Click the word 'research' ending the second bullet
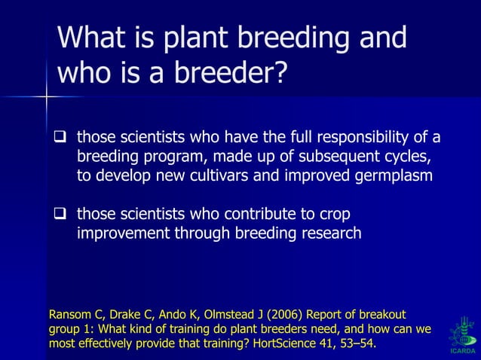[329, 233]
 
